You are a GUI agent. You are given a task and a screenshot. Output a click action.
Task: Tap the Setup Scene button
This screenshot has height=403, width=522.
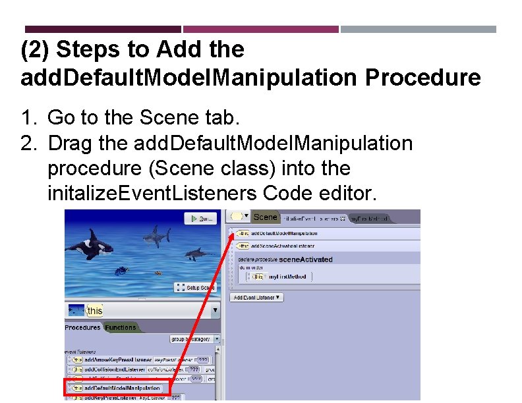click(x=195, y=288)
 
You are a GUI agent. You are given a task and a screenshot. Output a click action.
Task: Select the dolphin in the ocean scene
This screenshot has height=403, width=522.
click(x=194, y=254)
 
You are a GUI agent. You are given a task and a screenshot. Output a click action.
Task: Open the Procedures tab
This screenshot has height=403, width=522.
click(x=83, y=327)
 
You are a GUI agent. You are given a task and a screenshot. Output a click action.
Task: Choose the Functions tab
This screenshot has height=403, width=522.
click(x=121, y=327)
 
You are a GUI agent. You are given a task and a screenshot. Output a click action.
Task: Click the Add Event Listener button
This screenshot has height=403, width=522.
click(x=257, y=298)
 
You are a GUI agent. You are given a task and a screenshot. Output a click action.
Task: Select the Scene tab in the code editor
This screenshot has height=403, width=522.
click(x=265, y=217)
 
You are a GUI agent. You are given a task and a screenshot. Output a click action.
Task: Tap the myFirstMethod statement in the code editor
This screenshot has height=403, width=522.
click(x=288, y=277)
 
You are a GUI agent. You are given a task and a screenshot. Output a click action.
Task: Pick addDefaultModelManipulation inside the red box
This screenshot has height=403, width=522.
click(x=121, y=389)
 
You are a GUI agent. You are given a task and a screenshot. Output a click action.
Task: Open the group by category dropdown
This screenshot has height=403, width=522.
click(x=195, y=340)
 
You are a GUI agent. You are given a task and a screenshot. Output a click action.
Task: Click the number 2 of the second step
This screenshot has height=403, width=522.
click(x=26, y=143)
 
